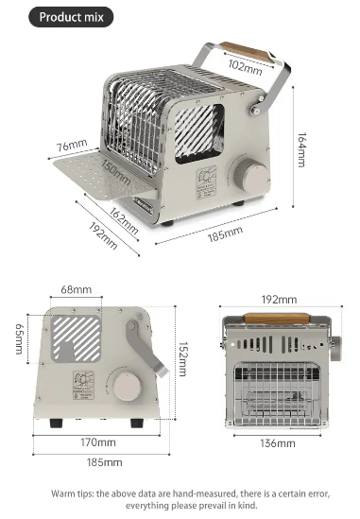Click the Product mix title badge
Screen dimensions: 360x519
point(71,17)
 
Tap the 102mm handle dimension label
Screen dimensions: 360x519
point(245,67)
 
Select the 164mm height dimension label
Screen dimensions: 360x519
point(301,150)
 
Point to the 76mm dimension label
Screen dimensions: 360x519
point(72,146)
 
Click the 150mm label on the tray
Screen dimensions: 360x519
point(116,172)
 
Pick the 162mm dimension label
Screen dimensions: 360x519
point(124,221)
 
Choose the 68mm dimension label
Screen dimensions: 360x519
point(77,289)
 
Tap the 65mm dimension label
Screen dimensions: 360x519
point(20,338)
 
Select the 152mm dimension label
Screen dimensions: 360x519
point(183,359)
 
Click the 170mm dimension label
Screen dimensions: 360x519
point(98,442)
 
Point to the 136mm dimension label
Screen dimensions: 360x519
point(278,443)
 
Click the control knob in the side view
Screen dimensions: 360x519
point(127,387)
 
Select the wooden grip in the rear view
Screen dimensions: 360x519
point(276,319)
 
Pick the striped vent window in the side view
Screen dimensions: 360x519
point(76,338)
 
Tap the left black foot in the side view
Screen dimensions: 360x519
point(56,423)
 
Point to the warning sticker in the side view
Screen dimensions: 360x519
point(84,386)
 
